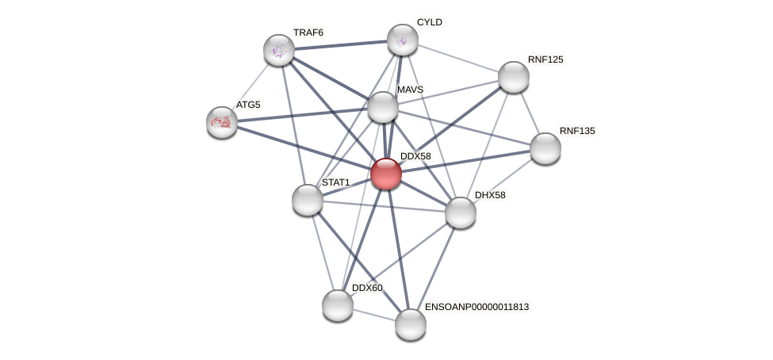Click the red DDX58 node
click(x=386, y=174)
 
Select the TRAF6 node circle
click(x=279, y=50)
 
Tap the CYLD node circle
click(x=403, y=40)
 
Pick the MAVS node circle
click(x=383, y=107)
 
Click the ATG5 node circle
click(x=222, y=121)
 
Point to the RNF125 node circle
click(x=514, y=77)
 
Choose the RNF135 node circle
click(x=545, y=148)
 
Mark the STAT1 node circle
click(x=308, y=200)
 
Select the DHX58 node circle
click(x=461, y=213)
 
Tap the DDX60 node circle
click(x=338, y=305)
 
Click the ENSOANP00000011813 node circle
click(x=411, y=324)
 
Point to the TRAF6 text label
click(x=308, y=33)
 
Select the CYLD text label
click(x=430, y=22)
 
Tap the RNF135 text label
click(x=576, y=131)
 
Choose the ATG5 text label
click(x=247, y=105)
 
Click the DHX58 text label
click(x=489, y=195)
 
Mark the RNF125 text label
click(x=545, y=59)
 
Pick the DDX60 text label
click(x=367, y=288)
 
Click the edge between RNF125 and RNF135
click(x=530, y=113)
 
